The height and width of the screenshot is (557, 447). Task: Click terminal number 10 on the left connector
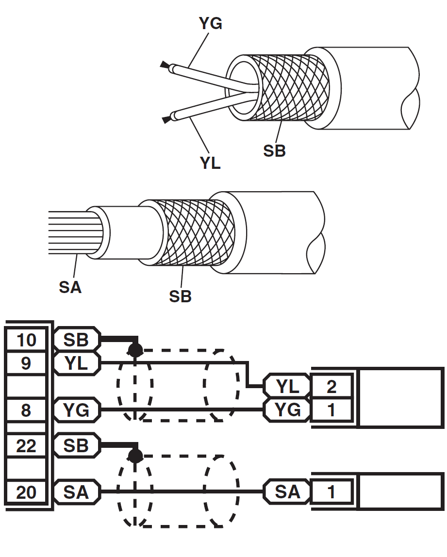27,340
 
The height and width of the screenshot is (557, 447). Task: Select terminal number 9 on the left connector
27,363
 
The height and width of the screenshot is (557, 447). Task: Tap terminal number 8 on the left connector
27,410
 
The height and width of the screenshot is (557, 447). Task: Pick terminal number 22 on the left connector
27,445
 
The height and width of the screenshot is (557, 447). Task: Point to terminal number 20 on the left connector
27,492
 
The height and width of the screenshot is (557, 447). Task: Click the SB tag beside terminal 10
76,340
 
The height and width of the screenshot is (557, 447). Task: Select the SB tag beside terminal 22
76,445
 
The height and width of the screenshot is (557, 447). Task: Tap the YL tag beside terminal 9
76,363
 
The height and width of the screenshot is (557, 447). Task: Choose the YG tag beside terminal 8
76,410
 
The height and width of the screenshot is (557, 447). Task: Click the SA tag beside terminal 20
76,492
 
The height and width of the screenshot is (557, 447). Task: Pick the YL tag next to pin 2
287,386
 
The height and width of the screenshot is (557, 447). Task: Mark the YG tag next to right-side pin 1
287,410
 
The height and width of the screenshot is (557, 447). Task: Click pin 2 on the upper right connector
331,386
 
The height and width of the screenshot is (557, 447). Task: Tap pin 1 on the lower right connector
331,492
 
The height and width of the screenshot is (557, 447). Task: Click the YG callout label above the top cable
211,23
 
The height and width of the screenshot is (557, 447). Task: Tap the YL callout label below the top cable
210,163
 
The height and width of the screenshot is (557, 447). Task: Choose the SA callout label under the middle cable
70,287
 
